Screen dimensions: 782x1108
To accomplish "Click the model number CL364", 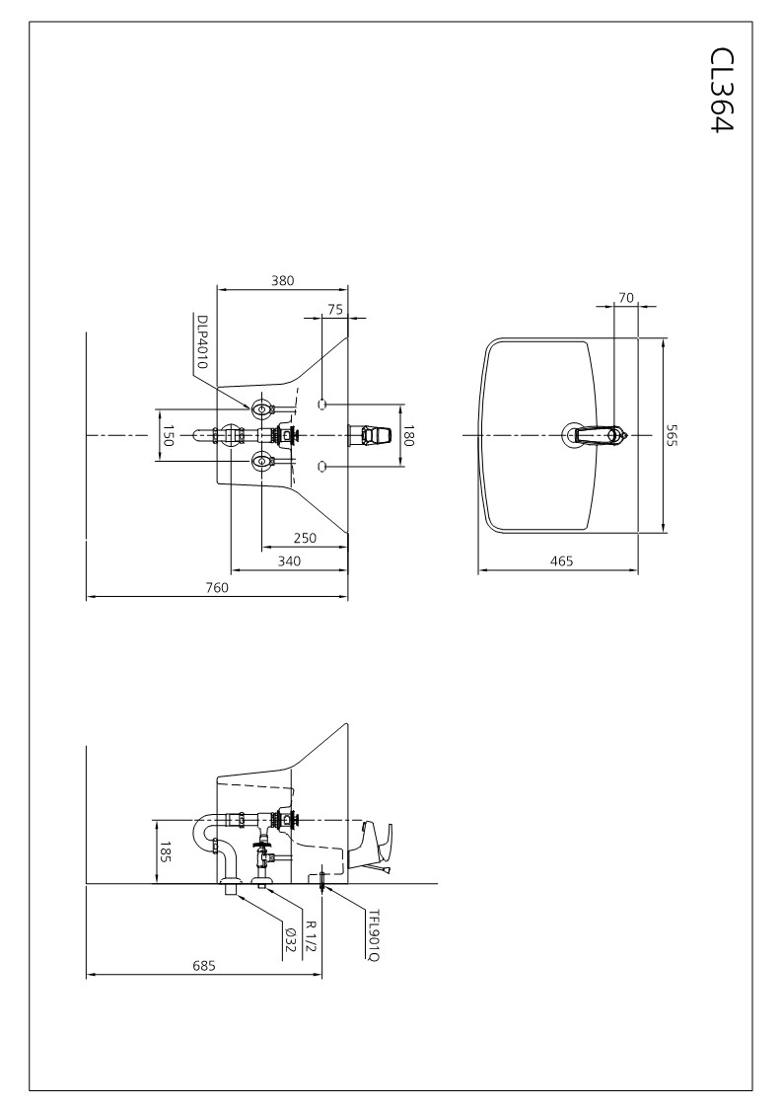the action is [721, 90].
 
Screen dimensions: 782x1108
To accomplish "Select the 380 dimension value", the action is [282, 280].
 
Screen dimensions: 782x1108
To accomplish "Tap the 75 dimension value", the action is [335, 310].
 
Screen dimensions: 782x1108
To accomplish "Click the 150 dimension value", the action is [168, 434].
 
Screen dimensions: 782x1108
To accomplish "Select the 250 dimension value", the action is [305, 539].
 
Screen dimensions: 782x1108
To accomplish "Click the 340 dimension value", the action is [289, 561].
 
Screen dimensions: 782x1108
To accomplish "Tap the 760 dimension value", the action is [217, 588].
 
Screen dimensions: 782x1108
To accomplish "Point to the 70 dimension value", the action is [626, 298].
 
